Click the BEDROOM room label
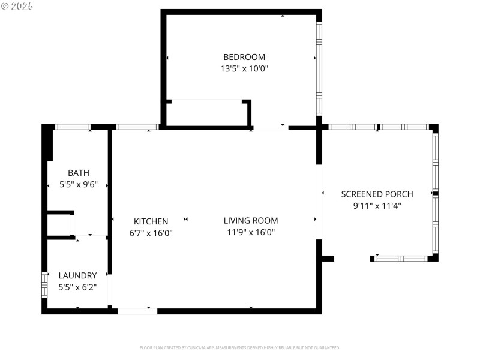click(x=244, y=57)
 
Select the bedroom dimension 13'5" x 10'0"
click(x=244, y=69)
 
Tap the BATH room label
click(x=78, y=173)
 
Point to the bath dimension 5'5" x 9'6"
click(x=78, y=185)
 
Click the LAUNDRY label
click(x=77, y=275)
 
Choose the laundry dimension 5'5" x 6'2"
click(x=77, y=287)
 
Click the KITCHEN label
click(x=151, y=221)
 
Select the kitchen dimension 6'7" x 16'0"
click(x=151, y=233)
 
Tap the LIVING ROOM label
click(x=251, y=221)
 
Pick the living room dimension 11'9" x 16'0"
click(x=251, y=233)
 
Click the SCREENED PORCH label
click(x=377, y=194)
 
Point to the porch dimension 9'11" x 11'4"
click(x=377, y=206)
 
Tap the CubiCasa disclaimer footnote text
click(x=240, y=347)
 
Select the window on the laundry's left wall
click(x=44, y=284)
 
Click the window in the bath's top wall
click(x=72, y=127)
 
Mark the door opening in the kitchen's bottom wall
click(x=137, y=311)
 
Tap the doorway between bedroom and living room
click(x=270, y=127)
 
